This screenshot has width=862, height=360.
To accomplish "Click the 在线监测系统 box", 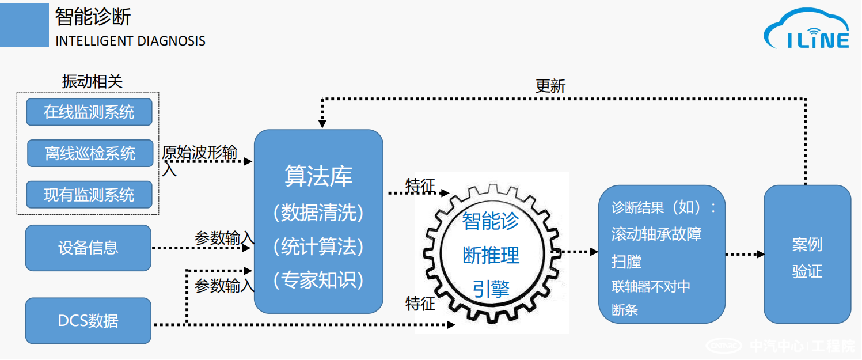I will pos(89,112).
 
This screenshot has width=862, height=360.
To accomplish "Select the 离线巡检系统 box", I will pos(90,153).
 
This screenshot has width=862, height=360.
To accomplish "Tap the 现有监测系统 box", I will pos(89,195).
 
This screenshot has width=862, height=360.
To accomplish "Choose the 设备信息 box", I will pos(88,248).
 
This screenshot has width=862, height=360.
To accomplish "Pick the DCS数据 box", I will pos(88,321).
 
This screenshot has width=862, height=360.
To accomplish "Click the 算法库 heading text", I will pos(318,176).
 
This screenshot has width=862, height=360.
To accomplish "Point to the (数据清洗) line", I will pos(318,213).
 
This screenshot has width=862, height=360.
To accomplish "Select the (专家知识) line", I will pos(318,280).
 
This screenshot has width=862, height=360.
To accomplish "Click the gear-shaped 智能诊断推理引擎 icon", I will pos(491,254).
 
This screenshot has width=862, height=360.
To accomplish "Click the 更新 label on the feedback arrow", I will pos(550,86).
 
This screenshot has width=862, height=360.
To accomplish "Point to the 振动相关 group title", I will pos(92,81).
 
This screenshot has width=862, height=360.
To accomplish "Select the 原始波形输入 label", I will pos(199,154).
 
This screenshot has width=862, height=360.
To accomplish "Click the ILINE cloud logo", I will pos(807,32).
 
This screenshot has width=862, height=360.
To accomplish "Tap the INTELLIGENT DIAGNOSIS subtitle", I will pos(130,41).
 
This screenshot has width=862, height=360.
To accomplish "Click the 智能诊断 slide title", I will pos(93,17).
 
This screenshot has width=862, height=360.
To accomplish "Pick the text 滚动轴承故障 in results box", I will pos(656,234).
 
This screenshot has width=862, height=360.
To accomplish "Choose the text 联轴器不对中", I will pos(651,286).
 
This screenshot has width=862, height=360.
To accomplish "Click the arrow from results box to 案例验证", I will pos(745,253).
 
